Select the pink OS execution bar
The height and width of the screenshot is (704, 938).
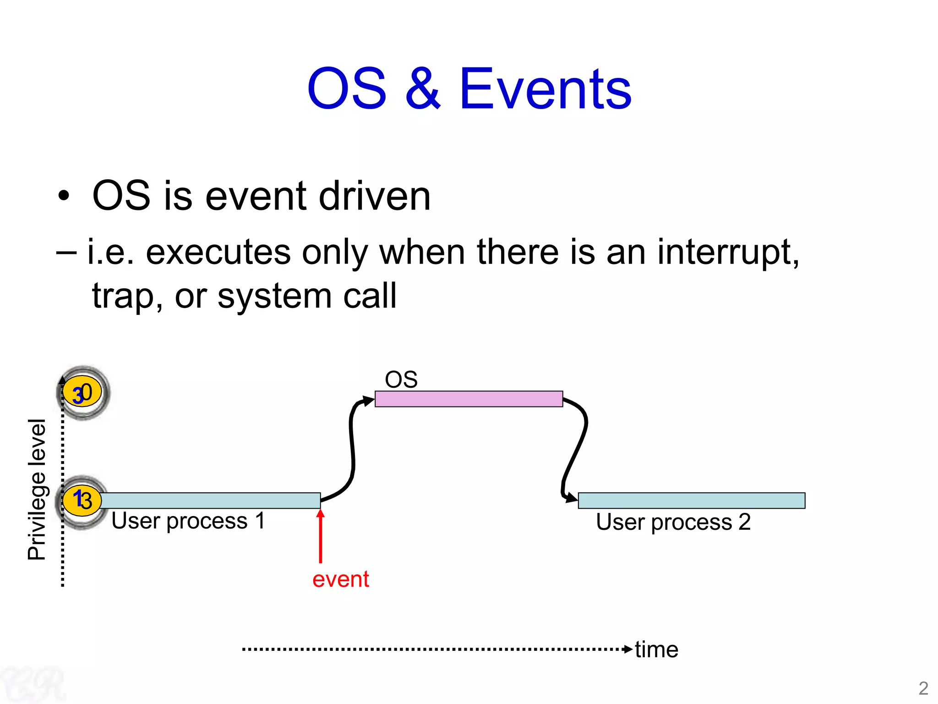click(469, 399)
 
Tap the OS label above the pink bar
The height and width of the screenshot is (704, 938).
click(401, 379)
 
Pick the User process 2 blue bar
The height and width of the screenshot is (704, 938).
click(691, 500)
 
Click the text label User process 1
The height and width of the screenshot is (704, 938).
click(188, 521)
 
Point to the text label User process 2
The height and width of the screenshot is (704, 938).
click(673, 522)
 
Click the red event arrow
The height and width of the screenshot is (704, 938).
click(321, 536)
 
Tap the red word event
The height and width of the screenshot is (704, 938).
click(340, 579)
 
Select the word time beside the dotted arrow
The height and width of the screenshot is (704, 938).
click(656, 649)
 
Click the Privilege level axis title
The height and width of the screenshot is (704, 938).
click(37, 489)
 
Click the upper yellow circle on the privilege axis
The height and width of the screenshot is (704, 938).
click(82, 392)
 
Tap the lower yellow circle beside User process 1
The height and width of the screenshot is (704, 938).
click(82, 500)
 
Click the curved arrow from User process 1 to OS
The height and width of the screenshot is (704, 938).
click(352, 449)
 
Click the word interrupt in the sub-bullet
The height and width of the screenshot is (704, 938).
click(728, 252)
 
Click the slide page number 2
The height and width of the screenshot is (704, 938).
click(923, 688)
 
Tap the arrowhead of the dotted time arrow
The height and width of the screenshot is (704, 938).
click(628, 649)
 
